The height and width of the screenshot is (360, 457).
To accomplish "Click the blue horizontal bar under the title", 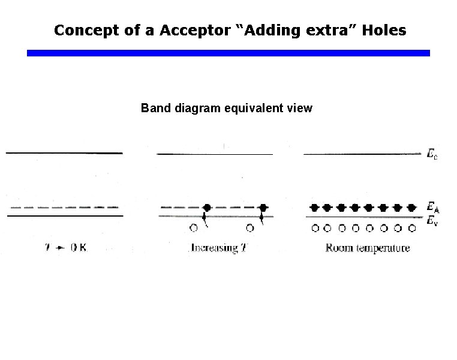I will pos(228,53).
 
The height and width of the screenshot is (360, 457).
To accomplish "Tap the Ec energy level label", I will pos(432,155).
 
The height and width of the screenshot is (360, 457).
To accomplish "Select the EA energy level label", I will pos(432,208).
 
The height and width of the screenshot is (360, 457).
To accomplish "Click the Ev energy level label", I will pos(432,221).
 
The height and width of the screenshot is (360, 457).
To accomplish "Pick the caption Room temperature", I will pos(368,248).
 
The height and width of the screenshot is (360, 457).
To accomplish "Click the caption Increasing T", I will pos(218,248).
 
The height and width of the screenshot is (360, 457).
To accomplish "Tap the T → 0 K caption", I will pos(67,248).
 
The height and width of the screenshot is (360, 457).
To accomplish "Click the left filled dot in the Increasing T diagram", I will pos(207,208).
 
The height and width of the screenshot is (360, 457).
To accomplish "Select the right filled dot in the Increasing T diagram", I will pos(263,208).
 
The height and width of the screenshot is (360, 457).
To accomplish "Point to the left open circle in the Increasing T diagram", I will pos(193,228).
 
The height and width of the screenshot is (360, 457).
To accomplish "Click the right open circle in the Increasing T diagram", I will pos(250,228).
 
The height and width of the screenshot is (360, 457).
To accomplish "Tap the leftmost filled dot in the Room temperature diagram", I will pos(313,208).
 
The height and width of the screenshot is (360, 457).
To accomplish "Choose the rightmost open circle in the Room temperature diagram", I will pos(412,228).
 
